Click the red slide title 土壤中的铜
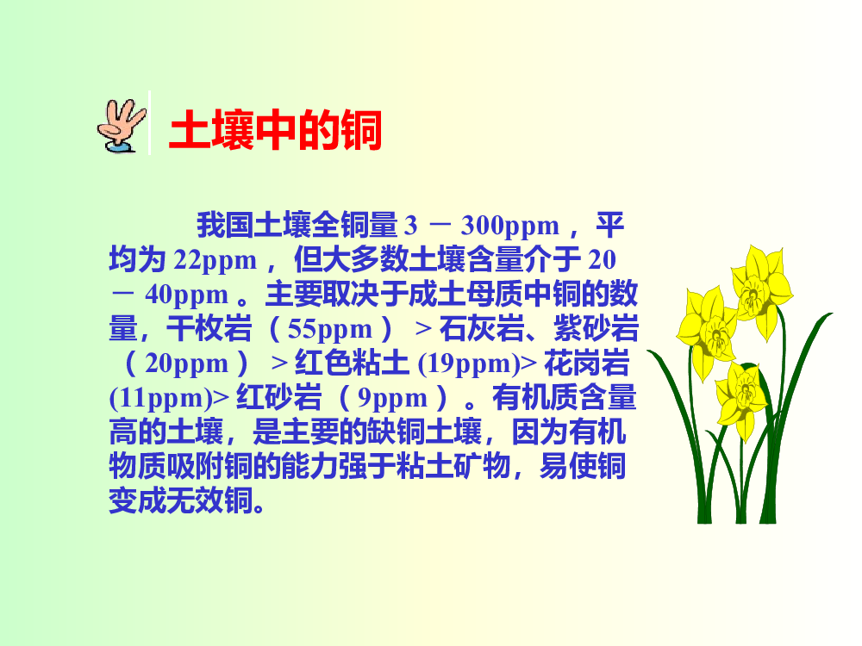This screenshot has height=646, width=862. tap(276, 130)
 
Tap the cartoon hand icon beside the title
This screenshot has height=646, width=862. tap(122, 126)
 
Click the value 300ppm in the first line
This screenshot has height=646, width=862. tap(509, 225)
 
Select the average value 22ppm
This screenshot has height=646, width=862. tap(215, 260)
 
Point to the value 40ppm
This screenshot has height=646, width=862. tap(186, 295)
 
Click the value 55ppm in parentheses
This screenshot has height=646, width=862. tap(330, 329)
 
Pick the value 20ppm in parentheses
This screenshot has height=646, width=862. tap(186, 363)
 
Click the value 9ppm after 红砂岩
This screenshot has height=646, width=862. tap(392, 398)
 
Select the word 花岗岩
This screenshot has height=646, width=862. tap(586, 363)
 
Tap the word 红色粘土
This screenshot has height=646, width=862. tap(352, 363)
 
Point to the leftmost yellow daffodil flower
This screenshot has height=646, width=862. tap(707, 331)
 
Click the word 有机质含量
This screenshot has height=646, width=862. tap(565, 398)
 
